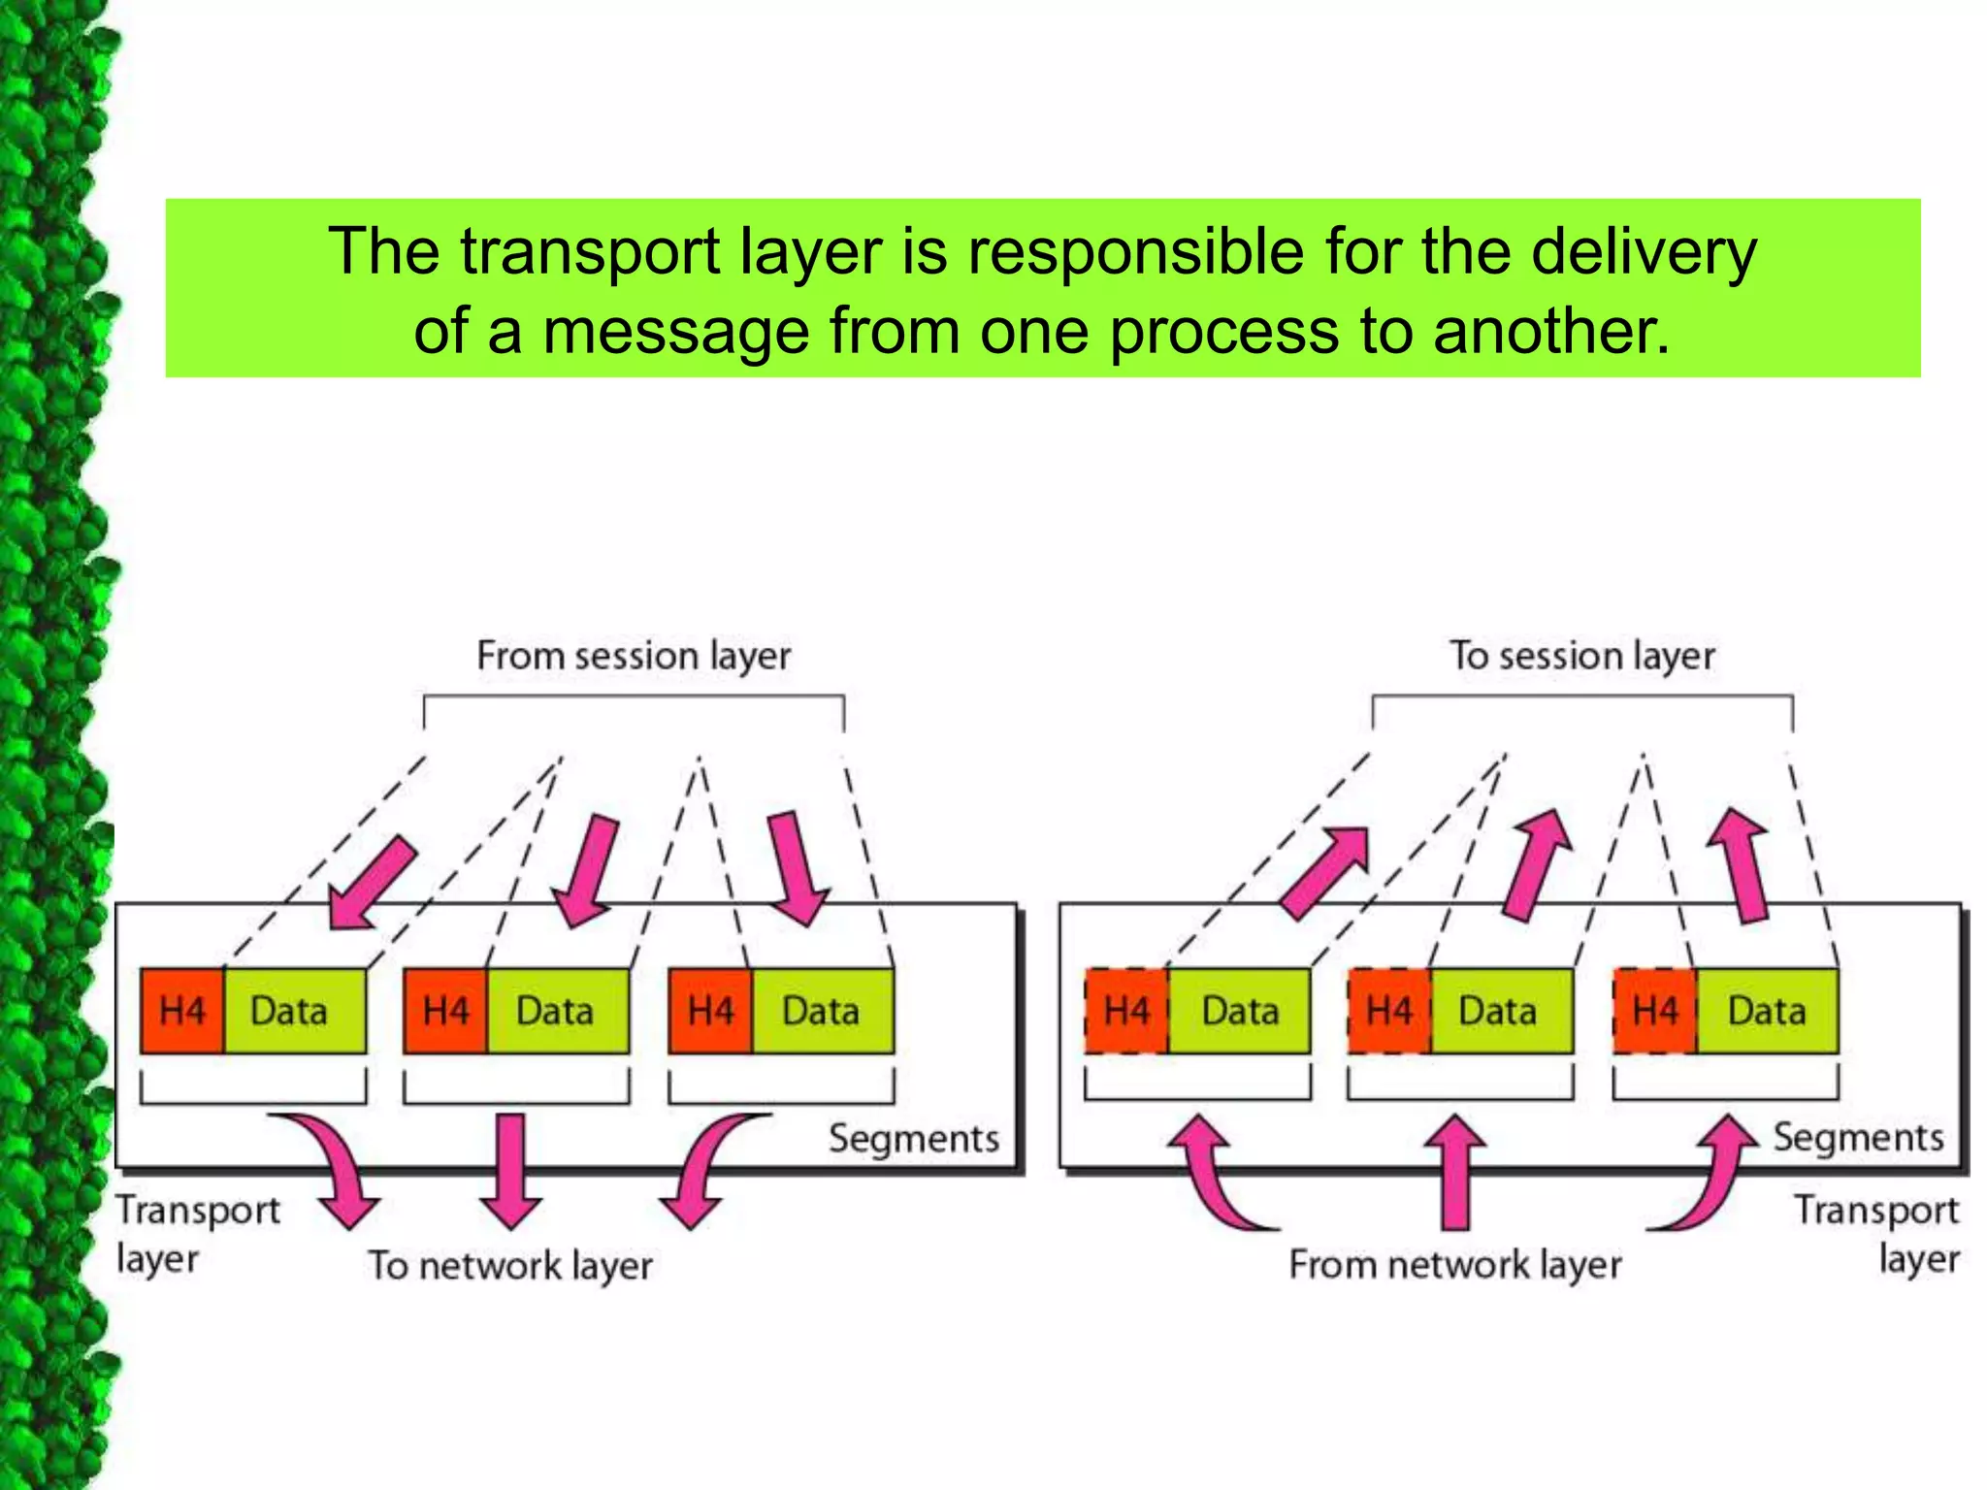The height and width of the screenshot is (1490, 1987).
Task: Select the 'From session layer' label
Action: (634, 657)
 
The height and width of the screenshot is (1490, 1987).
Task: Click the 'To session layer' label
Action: (1582, 657)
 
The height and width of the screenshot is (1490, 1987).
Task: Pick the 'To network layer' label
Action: (510, 1265)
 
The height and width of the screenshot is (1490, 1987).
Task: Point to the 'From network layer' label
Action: (1455, 1265)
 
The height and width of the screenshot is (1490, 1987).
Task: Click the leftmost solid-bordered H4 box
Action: (182, 1011)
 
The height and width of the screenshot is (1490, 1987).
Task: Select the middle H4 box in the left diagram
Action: (445, 1011)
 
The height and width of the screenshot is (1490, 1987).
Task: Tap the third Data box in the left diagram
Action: (822, 1011)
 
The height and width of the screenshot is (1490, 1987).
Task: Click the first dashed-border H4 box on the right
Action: (1126, 1011)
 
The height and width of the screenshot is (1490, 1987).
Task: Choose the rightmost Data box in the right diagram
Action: (1767, 1011)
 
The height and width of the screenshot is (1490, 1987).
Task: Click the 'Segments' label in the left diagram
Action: (913, 1139)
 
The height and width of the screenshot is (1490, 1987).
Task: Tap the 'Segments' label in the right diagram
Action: (1858, 1137)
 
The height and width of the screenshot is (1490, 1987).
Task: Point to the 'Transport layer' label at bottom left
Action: (197, 1234)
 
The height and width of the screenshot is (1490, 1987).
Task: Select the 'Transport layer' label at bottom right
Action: (1877, 1234)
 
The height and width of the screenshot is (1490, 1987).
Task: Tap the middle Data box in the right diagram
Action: (1499, 1011)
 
